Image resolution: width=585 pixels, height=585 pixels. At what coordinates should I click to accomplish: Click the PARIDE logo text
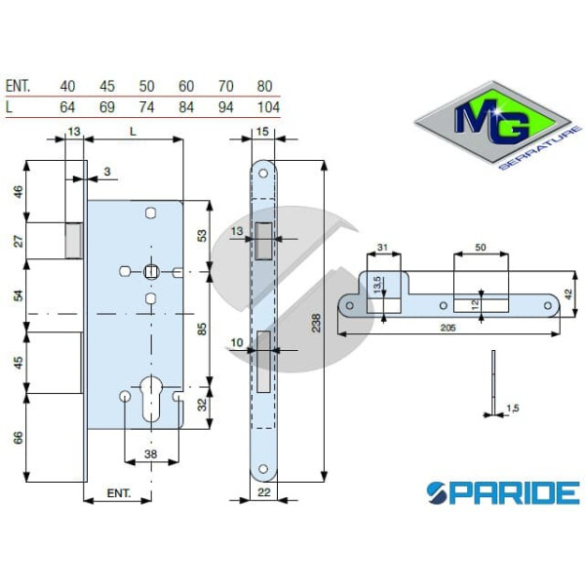click(x=502, y=490)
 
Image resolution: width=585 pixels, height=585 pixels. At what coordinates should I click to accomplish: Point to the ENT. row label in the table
click(x=19, y=86)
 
